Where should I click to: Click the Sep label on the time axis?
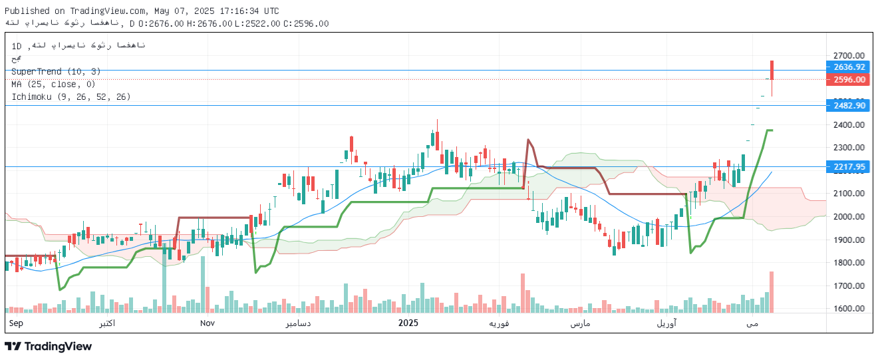click(x=16, y=323)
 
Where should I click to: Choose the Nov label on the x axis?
click(x=207, y=323)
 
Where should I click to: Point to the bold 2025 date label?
click(x=408, y=323)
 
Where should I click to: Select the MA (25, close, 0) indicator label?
click(x=53, y=84)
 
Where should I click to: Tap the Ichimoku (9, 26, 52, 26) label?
click(x=71, y=96)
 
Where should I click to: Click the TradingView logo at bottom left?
click(x=48, y=346)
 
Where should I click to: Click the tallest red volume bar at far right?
click(x=772, y=292)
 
